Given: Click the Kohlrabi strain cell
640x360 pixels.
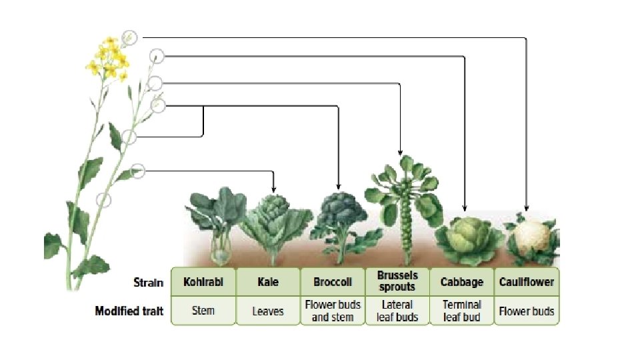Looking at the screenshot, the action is pyautogui.click(x=203, y=282).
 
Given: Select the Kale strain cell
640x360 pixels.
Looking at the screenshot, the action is pyautogui.click(x=268, y=282).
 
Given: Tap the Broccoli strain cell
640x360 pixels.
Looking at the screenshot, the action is pyautogui.click(x=333, y=282).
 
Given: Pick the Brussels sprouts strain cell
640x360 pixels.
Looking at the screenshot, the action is pyautogui.click(x=397, y=281).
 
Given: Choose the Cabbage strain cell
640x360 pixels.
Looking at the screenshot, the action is pyautogui.click(x=462, y=282).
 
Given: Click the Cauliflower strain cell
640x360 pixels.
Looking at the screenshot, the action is pyautogui.click(x=527, y=282).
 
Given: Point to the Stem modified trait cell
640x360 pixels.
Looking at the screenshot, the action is pyautogui.click(x=203, y=311).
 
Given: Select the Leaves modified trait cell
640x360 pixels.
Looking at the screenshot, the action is pyautogui.click(x=268, y=311).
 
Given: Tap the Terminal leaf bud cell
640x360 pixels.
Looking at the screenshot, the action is pyautogui.click(x=462, y=311).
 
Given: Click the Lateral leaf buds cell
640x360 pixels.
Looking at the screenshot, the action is pyautogui.click(x=397, y=311).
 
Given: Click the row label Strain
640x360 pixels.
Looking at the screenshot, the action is pyautogui.click(x=148, y=282).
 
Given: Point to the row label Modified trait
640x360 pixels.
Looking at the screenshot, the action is pyautogui.click(x=129, y=311).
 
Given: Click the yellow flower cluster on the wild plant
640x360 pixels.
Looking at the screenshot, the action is pyautogui.click(x=108, y=59).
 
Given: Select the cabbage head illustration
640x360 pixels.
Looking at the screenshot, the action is pyautogui.click(x=462, y=237).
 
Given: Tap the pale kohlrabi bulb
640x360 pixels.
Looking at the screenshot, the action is pyautogui.click(x=221, y=250).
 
